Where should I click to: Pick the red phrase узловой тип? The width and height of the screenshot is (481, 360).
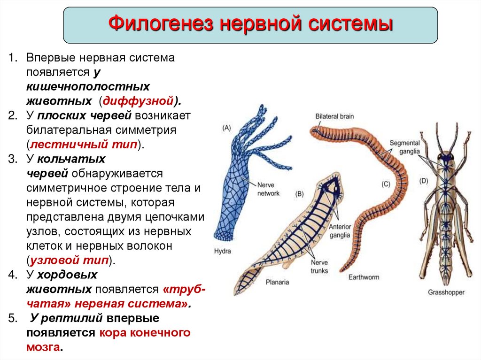[69, 260]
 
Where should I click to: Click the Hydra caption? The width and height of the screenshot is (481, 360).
[222, 251]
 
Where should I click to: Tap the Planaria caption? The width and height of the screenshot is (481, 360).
[277, 282]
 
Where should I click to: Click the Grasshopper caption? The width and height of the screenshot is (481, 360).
[446, 292]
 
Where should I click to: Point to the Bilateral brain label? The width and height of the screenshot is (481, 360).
[334, 116]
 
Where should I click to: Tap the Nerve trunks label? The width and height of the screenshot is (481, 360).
[319, 267]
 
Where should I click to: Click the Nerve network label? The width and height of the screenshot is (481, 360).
[268, 189]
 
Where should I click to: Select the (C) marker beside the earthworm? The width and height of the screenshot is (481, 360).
[386, 184]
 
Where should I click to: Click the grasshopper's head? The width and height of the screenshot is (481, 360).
[444, 156]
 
